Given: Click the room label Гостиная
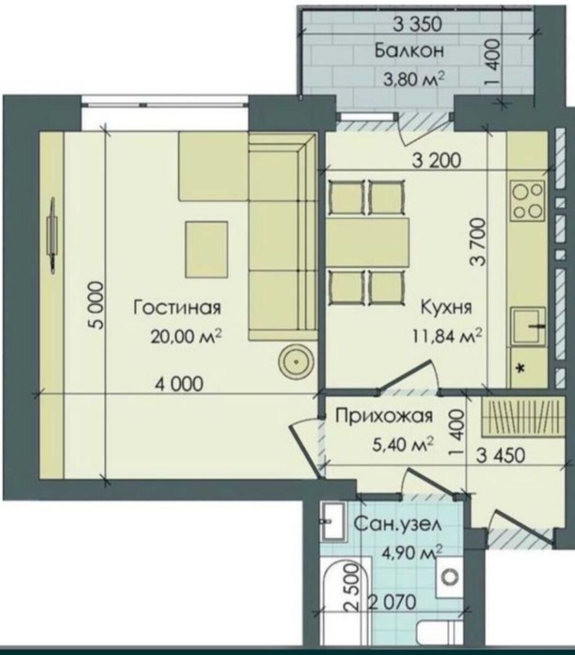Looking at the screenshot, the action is click(x=177, y=307).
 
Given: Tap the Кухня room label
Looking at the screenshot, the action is click(x=446, y=307).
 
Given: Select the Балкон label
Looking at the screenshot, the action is click(x=409, y=51).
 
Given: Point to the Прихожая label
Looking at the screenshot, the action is click(x=383, y=416).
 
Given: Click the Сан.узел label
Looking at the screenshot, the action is click(x=397, y=525).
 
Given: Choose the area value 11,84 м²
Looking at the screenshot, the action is click(x=447, y=337).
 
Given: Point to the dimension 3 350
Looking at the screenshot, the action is click(x=417, y=25).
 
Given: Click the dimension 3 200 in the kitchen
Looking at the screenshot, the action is click(x=436, y=160).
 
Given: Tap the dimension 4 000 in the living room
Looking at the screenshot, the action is click(x=179, y=384).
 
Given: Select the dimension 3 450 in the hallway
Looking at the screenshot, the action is click(x=501, y=456).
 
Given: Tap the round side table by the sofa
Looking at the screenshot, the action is click(x=296, y=362).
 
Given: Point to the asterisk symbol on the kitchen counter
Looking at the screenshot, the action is click(x=521, y=368).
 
